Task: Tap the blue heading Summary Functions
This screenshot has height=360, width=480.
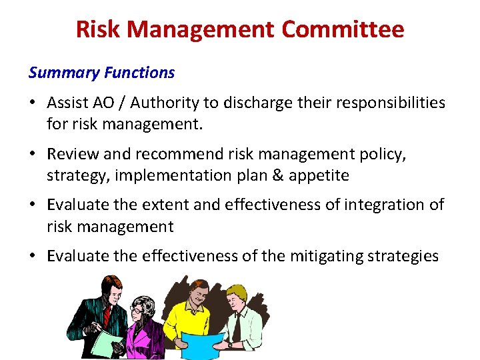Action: click(101, 73)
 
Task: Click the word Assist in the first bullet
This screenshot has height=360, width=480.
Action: click(67, 103)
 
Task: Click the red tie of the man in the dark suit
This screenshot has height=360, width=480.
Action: click(106, 316)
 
